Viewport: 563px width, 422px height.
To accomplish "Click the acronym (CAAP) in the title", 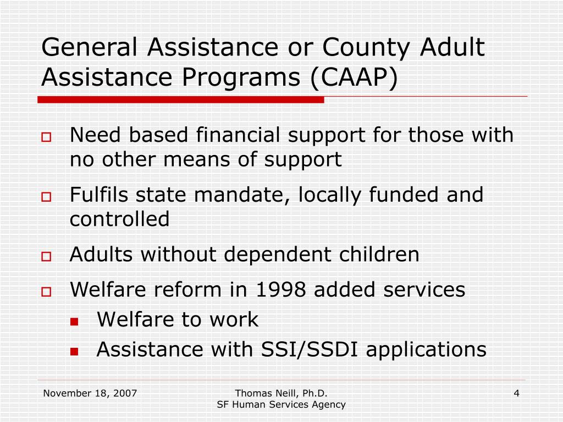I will pyautogui.click(x=354, y=77).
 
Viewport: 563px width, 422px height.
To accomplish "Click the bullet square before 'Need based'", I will pyautogui.click(x=46, y=137).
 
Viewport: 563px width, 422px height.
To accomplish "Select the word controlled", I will pyautogui.click(x=119, y=219).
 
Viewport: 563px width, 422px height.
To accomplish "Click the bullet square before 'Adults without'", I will pyautogui.click(x=46, y=257).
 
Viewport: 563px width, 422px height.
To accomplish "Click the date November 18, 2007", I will pyautogui.click(x=90, y=393).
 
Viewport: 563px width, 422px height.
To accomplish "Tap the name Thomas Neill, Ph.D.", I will pyautogui.click(x=281, y=393).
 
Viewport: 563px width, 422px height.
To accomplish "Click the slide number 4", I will pyautogui.click(x=517, y=393).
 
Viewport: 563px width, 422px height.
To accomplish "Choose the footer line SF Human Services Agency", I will pyautogui.click(x=281, y=405).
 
